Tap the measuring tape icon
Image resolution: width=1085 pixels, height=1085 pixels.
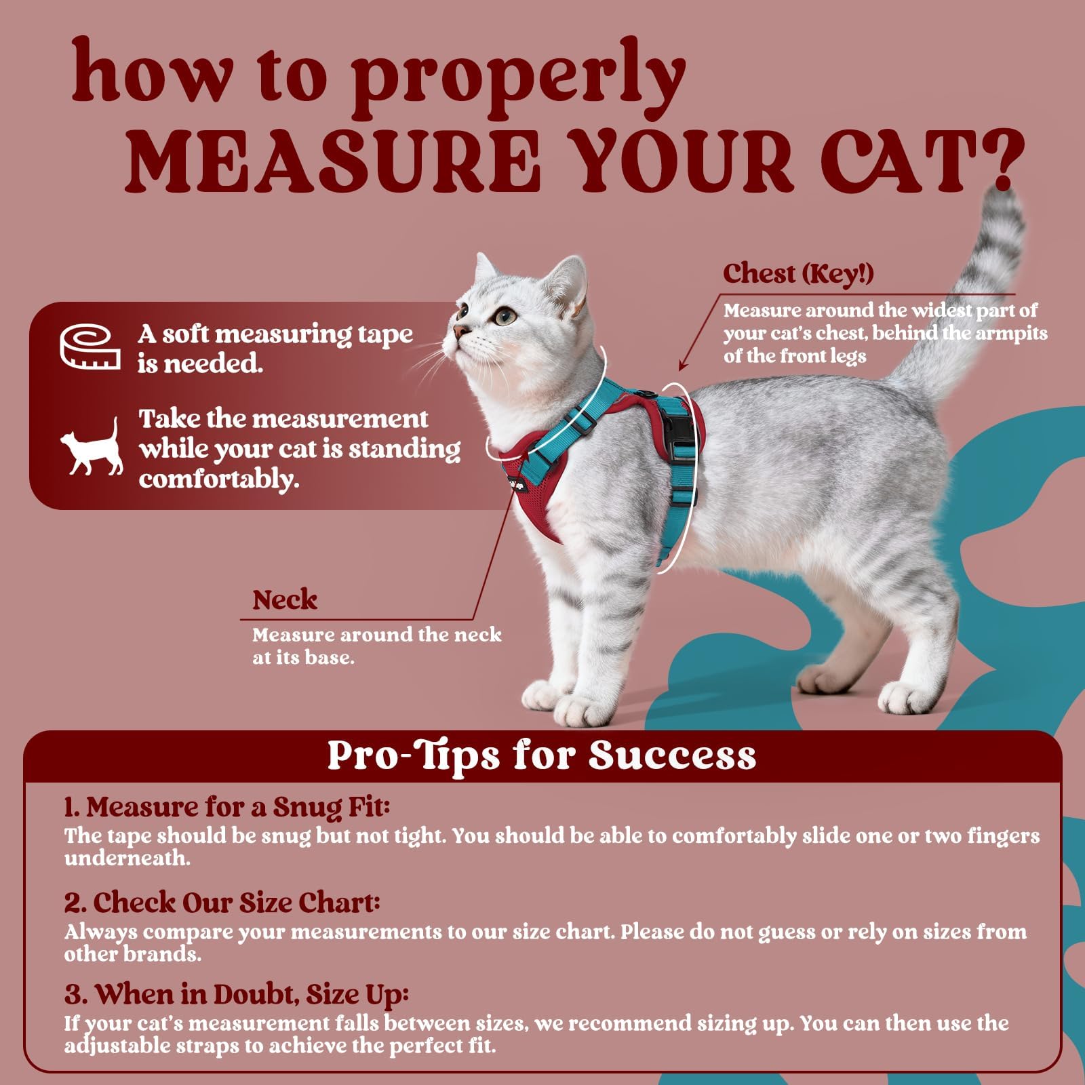(x=90, y=347)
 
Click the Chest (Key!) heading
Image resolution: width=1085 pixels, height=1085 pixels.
(x=798, y=273)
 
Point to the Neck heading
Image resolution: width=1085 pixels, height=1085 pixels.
(x=285, y=600)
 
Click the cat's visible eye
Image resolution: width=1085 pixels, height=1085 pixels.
(x=502, y=316)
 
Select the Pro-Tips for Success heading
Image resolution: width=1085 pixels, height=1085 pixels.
(x=542, y=755)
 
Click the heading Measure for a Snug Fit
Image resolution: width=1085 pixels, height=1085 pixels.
(x=227, y=807)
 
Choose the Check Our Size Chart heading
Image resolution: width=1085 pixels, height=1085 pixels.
(x=222, y=903)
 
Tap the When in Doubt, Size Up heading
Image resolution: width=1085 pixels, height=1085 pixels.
(x=237, y=995)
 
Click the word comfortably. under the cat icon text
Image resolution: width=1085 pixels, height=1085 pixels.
(x=219, y=479)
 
